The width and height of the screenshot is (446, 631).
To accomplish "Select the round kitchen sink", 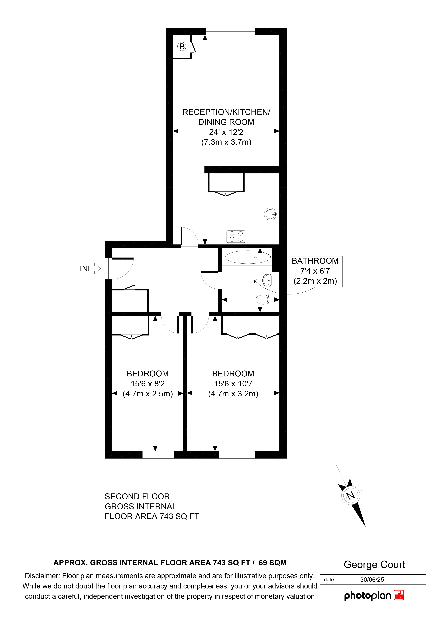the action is (x=270, y=214).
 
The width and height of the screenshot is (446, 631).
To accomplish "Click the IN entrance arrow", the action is (x=94, y=268).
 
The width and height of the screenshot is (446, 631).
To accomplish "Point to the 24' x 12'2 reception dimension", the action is (x=226, y=132).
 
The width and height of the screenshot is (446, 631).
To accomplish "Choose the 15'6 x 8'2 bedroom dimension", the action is (x=148, y=384).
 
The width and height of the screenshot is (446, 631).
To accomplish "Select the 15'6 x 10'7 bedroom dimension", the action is (x=233, y=384).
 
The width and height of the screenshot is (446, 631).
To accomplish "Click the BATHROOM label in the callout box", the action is (x=315, y=261).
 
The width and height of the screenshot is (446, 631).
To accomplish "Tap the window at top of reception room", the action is (x=231, y=31).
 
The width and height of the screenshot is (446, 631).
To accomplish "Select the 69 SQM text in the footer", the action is (x=272, y=563).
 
